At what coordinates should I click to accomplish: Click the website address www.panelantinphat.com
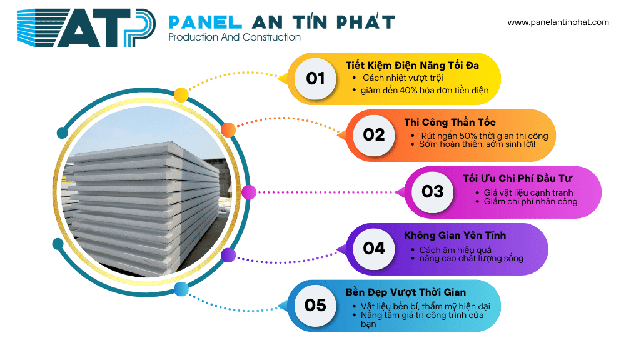pyautogui.click(x=558, y=22)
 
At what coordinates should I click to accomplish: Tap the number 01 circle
pyautogui.click(x=316, y=79)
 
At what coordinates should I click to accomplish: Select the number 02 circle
pyautogui.click(x=374, y=135)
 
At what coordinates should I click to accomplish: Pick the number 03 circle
pyautogui.click(x=432, y=191)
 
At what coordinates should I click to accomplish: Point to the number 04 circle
pyautogui.click(x=374, y=248)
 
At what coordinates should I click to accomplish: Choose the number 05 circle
pyautogui.click(x=316, y=304)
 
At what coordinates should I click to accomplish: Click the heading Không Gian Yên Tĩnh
pyautogui.click(x=455, y=236)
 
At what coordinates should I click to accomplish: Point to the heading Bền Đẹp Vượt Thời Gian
pyautogui.click(x=415, y=292)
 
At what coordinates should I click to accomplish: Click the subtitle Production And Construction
pyautogui.click(x=235, y=38)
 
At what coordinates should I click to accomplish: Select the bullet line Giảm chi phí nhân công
pyautogui.click(x=531, y=202)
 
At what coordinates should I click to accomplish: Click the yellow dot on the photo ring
pyautogui.click(x=181, y=95)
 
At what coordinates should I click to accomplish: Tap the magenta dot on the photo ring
pyautogui.click(x=248, y=192)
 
